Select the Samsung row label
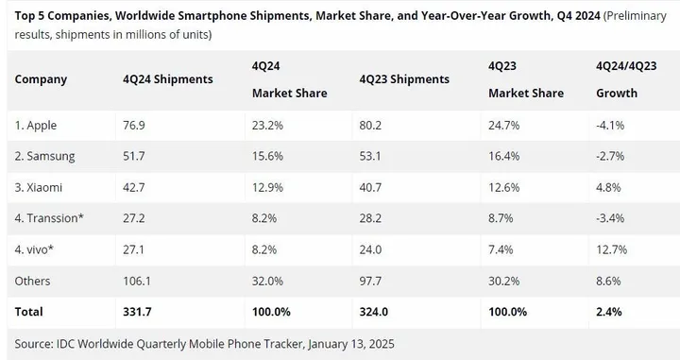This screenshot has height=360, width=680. (45, 156)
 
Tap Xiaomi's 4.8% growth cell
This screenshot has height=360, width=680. (607, 187)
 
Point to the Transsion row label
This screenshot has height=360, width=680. (49, 218)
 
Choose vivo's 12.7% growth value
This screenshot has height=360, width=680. (611, 249)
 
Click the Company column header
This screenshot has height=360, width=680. (42, 78)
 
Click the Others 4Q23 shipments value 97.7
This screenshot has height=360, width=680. (372, 281)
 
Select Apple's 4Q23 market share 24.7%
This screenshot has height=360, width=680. (505, 125)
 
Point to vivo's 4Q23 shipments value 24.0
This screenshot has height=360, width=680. (372, 249)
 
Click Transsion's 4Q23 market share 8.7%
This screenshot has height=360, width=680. (501, 218)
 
